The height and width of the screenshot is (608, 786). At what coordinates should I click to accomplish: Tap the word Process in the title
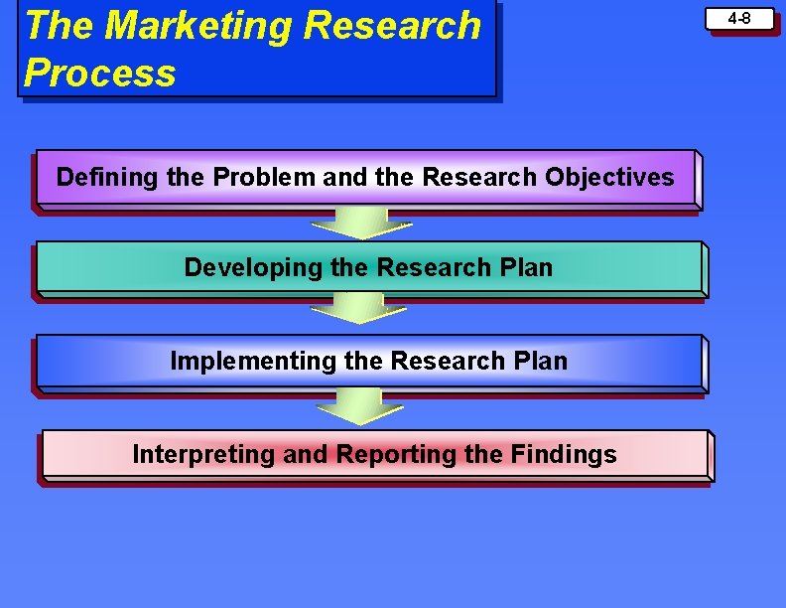tap(99, 73)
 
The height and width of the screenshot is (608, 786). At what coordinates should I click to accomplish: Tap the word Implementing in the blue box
tap(253, 361)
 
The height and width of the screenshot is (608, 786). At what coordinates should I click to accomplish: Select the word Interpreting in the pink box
tap(203, 455)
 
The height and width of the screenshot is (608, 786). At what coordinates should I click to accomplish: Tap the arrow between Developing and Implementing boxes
tap(357, 308)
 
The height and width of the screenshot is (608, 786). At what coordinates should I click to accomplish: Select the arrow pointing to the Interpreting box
tap(357, 405)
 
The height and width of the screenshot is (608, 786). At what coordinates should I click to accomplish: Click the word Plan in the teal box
tap(526, 268)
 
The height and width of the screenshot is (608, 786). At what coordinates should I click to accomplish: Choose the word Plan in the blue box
tap(541, 361)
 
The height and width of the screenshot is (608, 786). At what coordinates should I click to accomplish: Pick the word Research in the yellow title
tap(393, 26)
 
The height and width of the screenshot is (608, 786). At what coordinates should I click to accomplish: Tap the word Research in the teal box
tap(435, 268)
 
